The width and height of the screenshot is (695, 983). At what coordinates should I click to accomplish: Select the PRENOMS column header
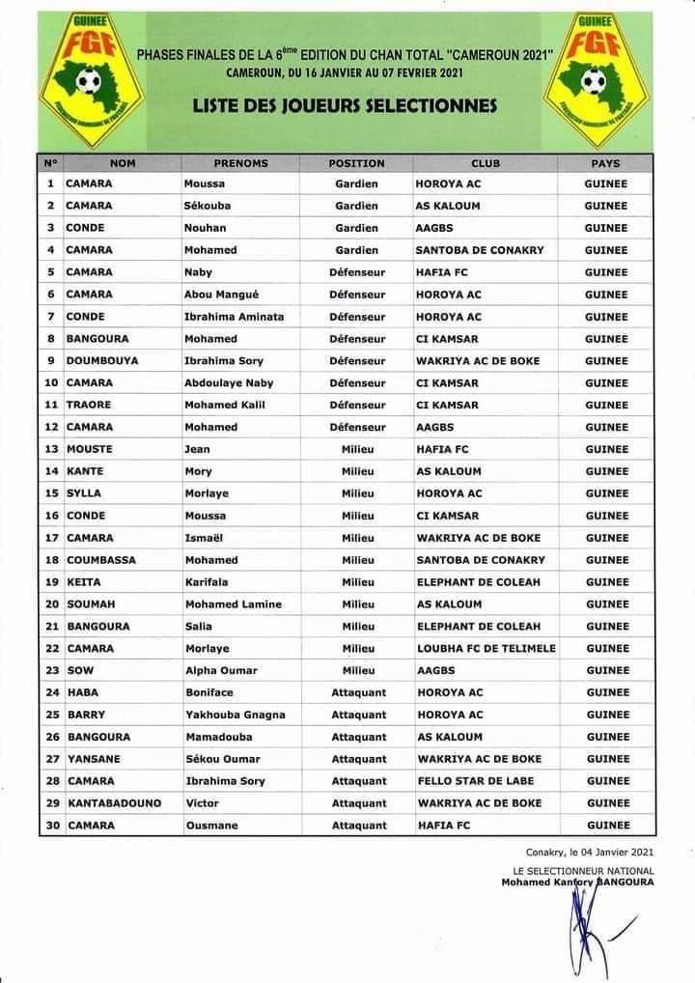(240, 163)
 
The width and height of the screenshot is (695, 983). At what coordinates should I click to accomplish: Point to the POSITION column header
(356, 163)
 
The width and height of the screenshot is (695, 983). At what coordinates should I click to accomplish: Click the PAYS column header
(605, 163)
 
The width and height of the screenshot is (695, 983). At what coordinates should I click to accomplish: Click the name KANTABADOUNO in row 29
(113, 803)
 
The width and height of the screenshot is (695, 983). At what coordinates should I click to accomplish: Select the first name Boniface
(208, 692)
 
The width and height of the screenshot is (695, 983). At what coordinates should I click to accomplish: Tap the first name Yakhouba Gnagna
(235, 715)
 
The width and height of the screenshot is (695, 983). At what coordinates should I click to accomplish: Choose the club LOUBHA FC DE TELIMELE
(486, 648)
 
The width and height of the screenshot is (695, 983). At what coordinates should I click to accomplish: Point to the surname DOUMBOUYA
(101, 361)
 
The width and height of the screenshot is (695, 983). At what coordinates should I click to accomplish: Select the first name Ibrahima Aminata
(235, 317)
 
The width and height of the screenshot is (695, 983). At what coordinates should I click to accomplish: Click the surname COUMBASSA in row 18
(100, 560)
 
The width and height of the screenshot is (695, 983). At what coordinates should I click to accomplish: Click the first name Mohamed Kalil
(224, 405)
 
